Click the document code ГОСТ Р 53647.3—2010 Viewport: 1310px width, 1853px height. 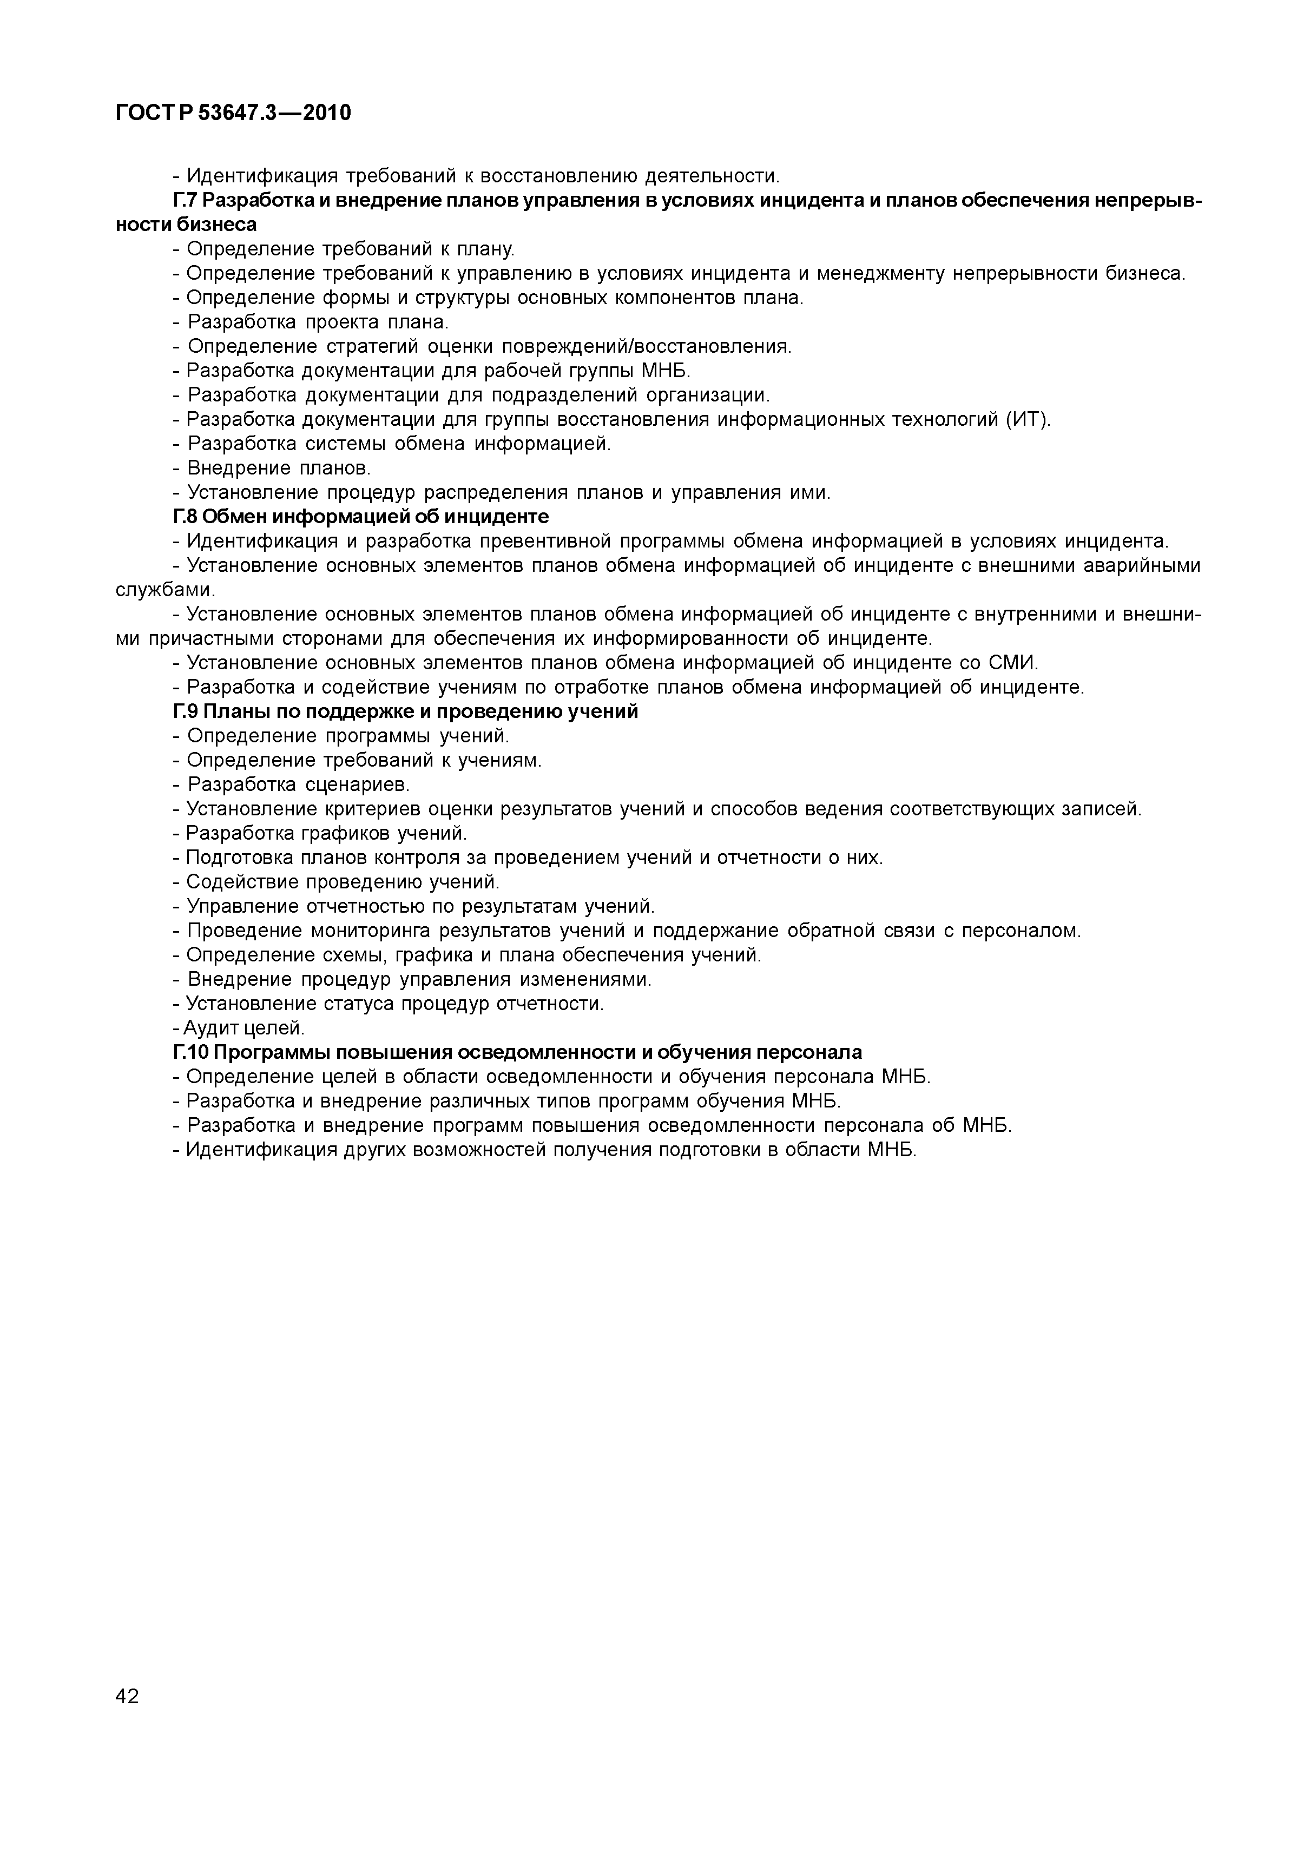pyautogui.click(x=233, y=113)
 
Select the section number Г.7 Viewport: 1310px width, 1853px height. pyautogui.click(x=185, y=200)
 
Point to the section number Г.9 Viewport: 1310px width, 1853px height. pyautogui.click(x=185, y=712)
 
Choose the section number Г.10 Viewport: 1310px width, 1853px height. pyautogui.click(x=190, y=1052)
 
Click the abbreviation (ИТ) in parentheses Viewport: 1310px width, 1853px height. pyautogui.click(x=1028, y=420)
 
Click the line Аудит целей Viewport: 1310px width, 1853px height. pyautogui.click(x=239, y=1028)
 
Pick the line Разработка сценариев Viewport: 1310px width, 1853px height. pyautogui.click(x=291, y=784)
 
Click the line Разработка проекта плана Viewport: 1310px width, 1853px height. pyautogui.click(x=311, y=322)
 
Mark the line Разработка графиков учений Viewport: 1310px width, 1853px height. pyautogui.click(x=320, y=833)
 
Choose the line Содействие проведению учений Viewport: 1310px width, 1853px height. pyautogui.click(x=336, y=882)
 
